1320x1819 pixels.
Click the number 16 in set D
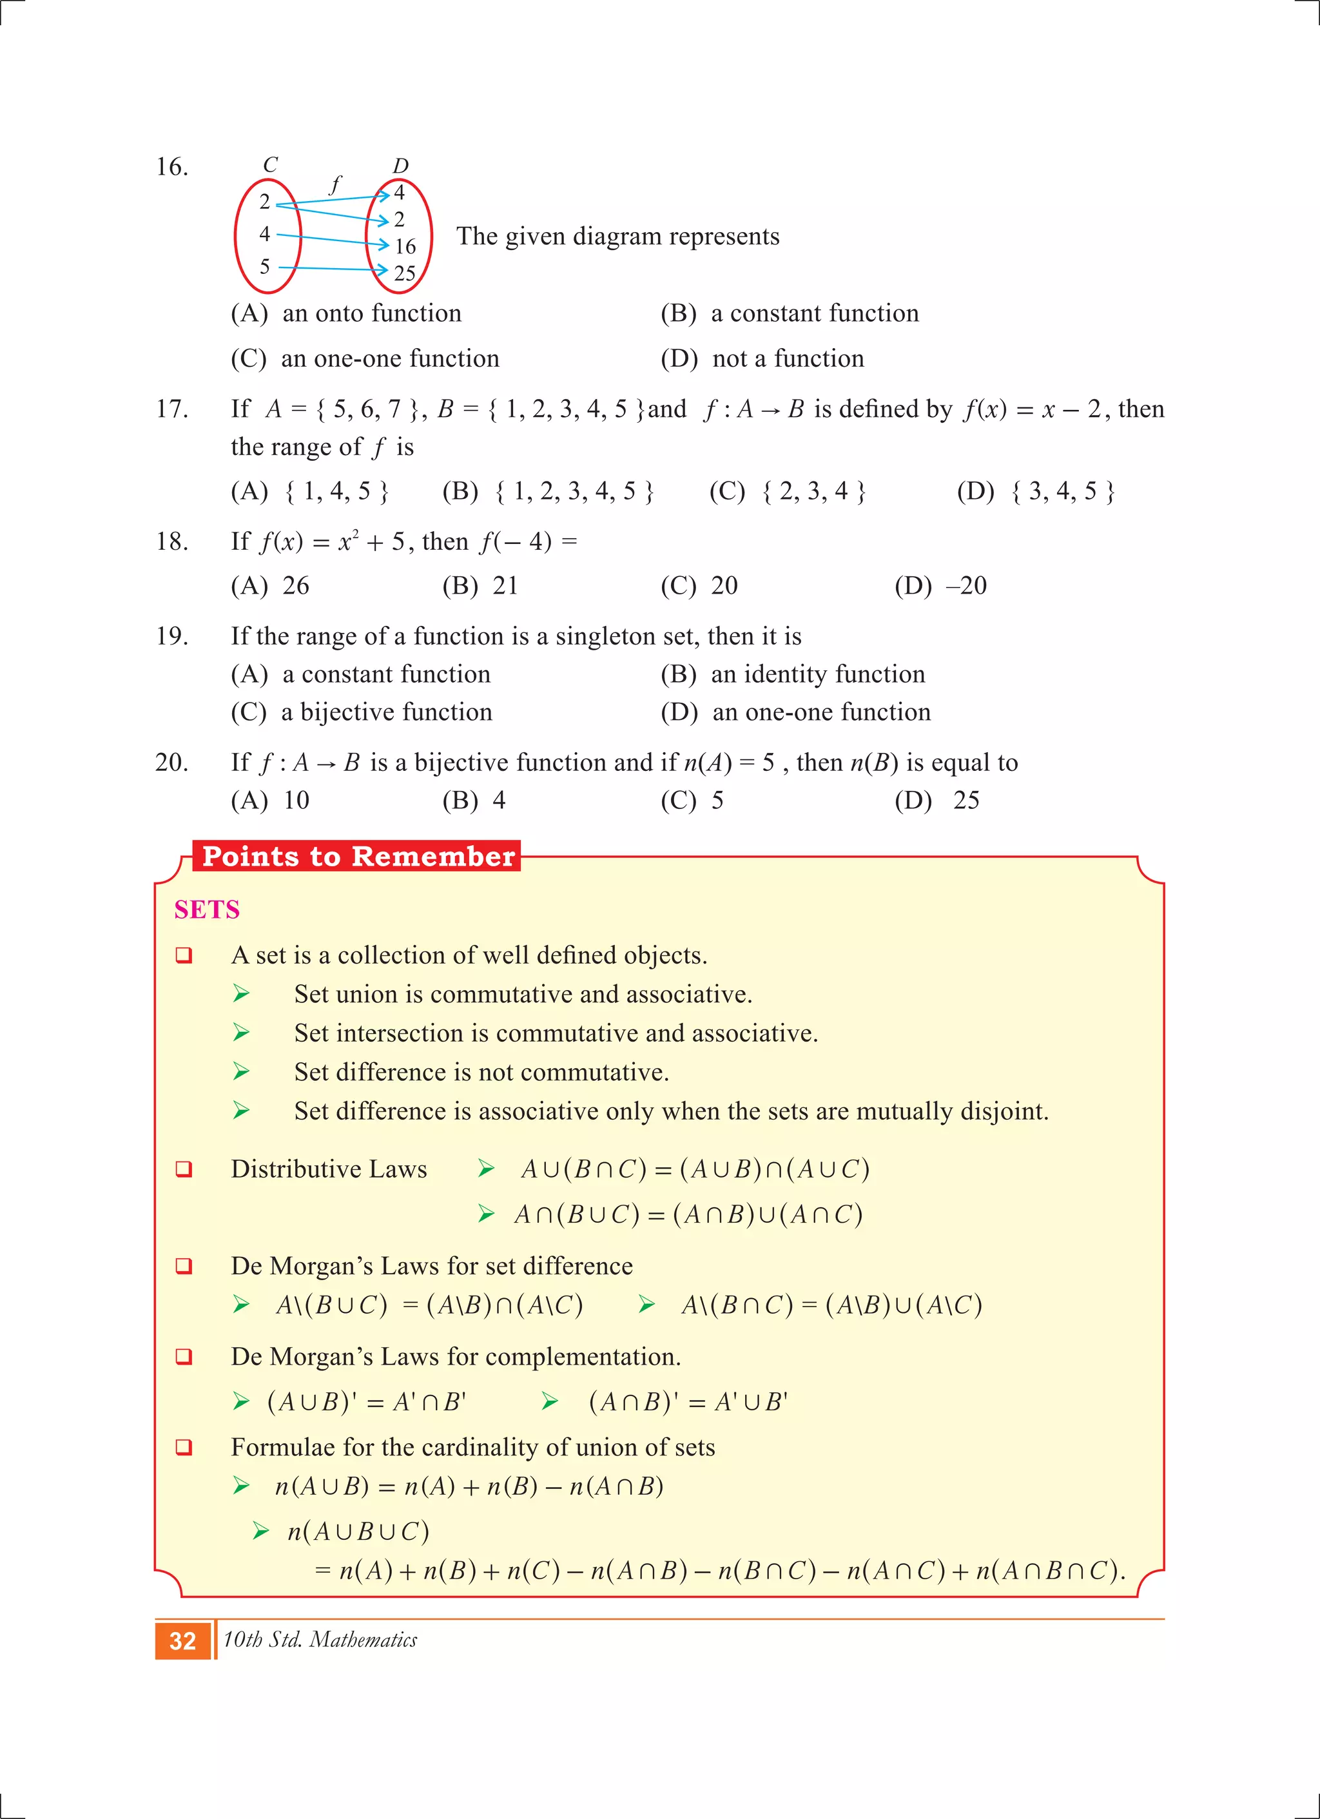tap(405, 246)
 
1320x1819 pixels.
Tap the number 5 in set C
tap(265, 266)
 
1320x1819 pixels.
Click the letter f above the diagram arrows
tap(335, 184)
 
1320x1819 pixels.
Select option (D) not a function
tap(762, 358)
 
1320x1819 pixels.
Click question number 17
tap(171, 409)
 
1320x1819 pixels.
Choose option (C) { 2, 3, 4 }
tap(788, 491)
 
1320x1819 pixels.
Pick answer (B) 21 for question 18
tap(480, 585)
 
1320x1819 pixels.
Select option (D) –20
tap(940, 585)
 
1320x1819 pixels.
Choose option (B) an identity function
tap(792, 674)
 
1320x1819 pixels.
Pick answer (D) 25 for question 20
tap(937, 800)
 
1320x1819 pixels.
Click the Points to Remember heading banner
tap(358, 857)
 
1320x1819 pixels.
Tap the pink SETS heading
tap(207, 909)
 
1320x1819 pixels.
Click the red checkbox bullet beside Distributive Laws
tap(184, 1169)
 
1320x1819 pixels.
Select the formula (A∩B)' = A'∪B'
tap(688, 1401)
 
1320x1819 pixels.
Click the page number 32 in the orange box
tap(183, 1641)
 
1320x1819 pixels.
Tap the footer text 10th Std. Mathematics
tap(320, 1639)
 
